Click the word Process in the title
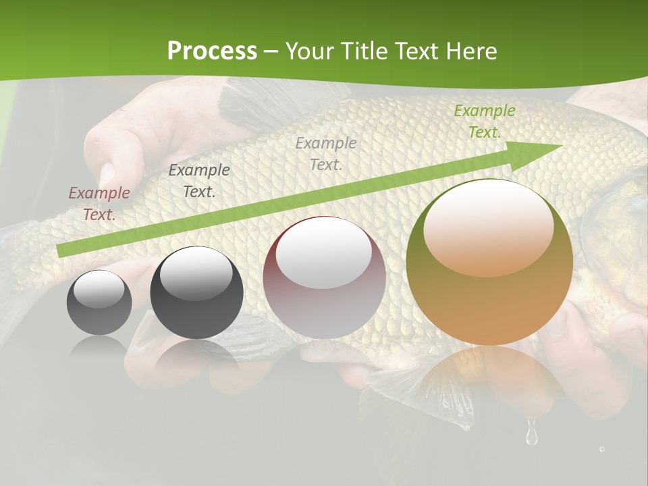pyautogui.click(x=212, y=51)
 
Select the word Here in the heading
pyautogui.click(x=470, y=51)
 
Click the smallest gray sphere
pyautogui.click(x=99, y=302)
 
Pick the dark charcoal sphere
pyautogui.click(x=196, y=293)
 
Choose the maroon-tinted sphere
pyautogui.click(x=324, y=278)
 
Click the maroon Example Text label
pyautogui.click(x=99, y=204)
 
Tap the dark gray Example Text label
pyautogui.click(x=199, y=181)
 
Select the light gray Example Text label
pyautogui.click(x=326, y=153)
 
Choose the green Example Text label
pyautogui.click(x=484, y=122)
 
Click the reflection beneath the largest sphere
pyautogui.click(x=489, y=381)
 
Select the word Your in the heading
pyautogui.click(x=310, y=51)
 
